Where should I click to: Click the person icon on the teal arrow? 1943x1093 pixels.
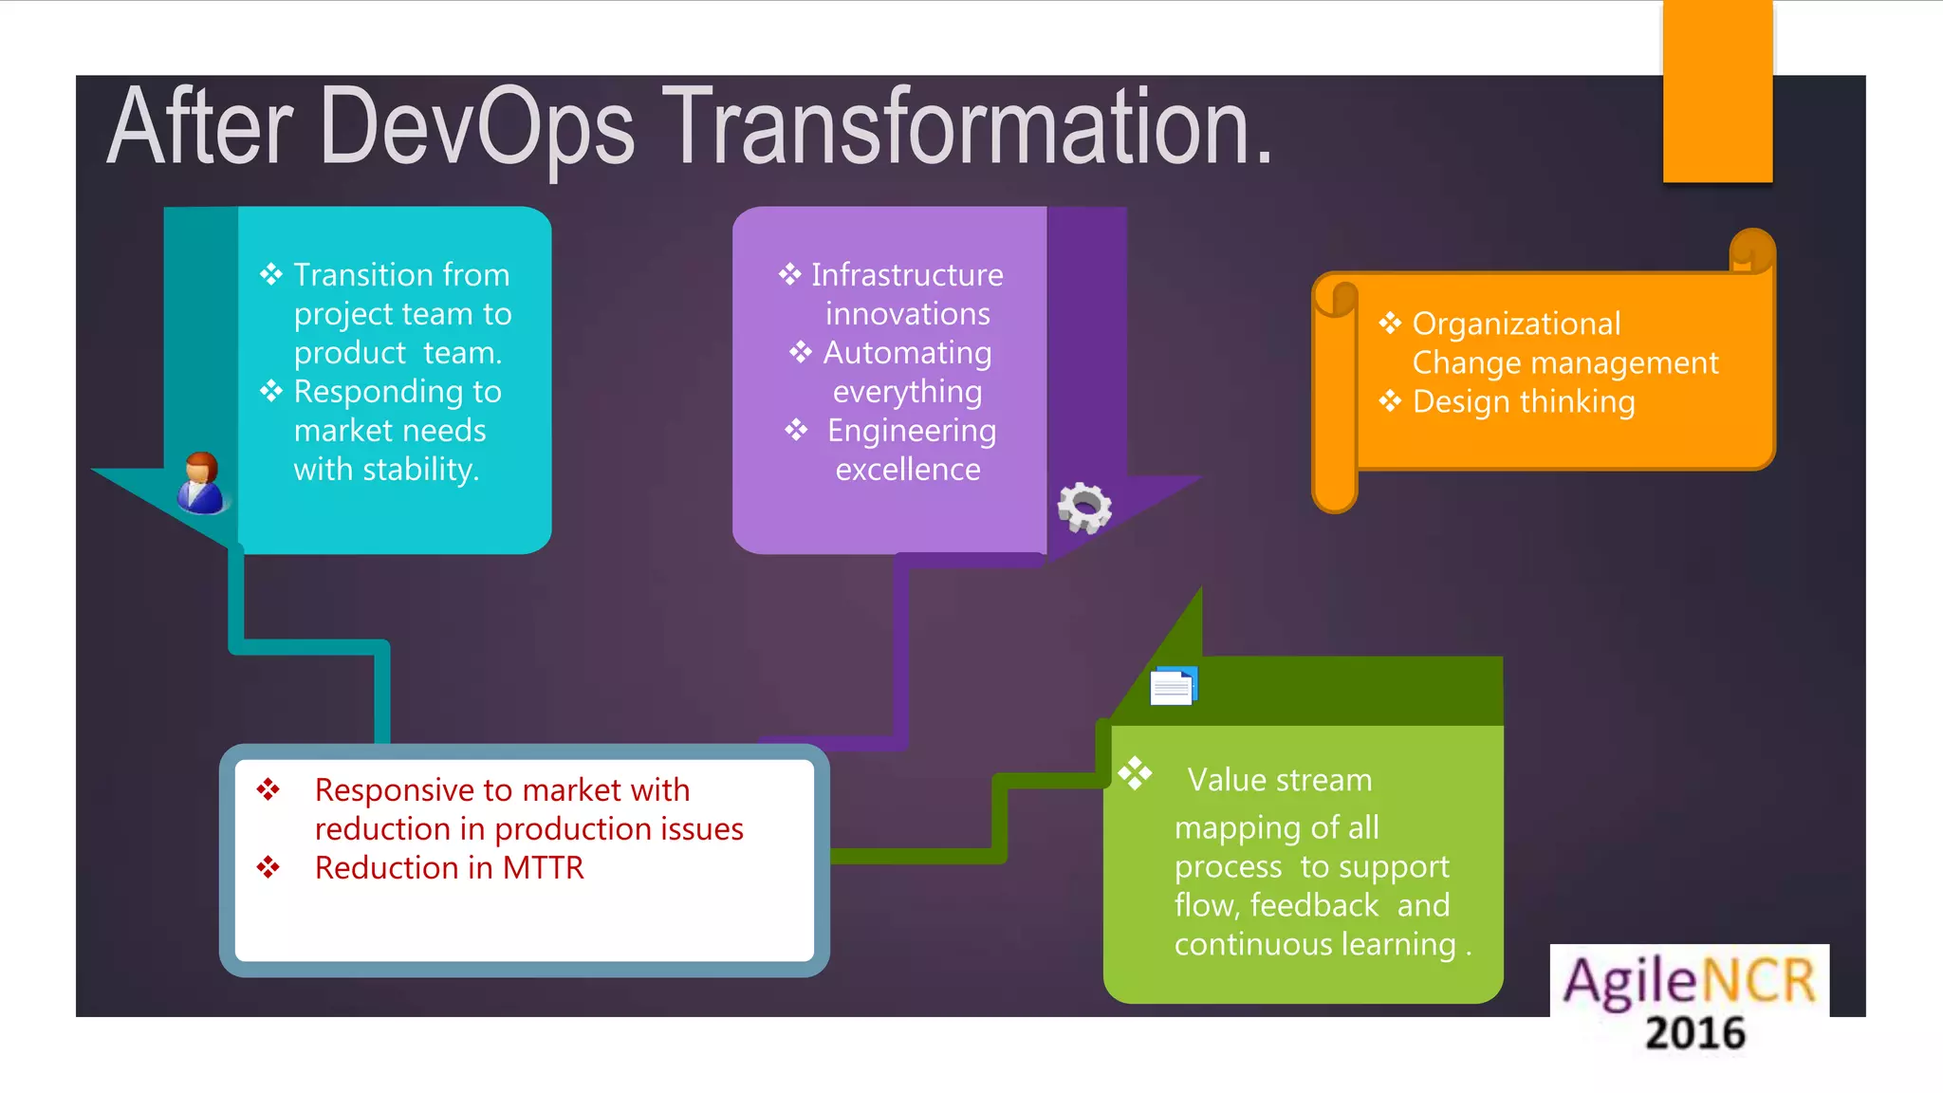click(x=200, y=483)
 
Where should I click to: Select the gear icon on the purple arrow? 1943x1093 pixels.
click(x=1084, y=507)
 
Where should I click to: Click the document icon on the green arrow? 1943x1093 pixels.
click(x=1174, y=686)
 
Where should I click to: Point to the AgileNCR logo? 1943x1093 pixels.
click(x=1689, y=981)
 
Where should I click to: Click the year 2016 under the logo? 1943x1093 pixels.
click(x=1695, y=1033)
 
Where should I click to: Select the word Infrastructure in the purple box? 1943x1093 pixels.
click(x=907, y=275)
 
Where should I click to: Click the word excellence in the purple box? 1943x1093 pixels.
click(x=908, y=470)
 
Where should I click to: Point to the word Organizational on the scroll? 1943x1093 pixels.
click(x=1516, y=324)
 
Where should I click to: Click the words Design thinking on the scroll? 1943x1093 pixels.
click(x=1524, y=402)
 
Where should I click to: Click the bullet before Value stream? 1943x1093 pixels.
click(x=1135, y=773)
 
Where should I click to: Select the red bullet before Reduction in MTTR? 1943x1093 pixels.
click(x=268, y=867)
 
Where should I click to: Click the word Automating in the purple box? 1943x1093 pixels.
click(x=907, y=353)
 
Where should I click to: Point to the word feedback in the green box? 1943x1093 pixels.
click(x=1314, y=905)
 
